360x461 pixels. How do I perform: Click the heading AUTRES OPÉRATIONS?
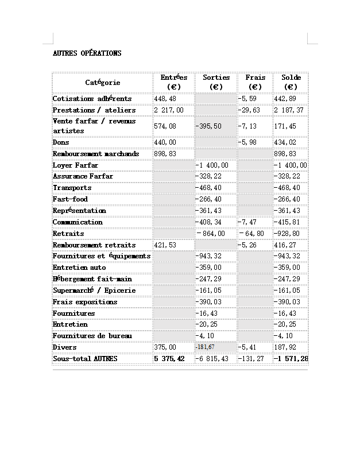tap(87, 53)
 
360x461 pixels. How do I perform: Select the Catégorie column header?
tap(103, 83)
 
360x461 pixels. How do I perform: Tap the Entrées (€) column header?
tap(173, 82)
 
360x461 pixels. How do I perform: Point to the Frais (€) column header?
tap(255, 82)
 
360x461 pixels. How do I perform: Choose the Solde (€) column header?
tap(291, 82)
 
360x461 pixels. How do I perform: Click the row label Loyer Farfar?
tap(75, 165)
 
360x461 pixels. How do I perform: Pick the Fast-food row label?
tap(70, 199)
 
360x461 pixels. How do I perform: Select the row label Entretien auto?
tap(79, 268)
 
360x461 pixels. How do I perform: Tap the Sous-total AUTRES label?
tap(85, 359)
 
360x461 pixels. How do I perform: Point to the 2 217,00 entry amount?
tap(169, 110)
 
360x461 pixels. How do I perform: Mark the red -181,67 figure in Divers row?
tap(205, 347)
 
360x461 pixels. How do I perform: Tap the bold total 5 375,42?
tap(169, 359)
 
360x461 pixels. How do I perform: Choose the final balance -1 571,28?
tap(291, 359)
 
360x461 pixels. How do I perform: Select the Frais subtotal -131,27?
tap(251, 359)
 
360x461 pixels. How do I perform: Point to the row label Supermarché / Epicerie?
tap(94, 290)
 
